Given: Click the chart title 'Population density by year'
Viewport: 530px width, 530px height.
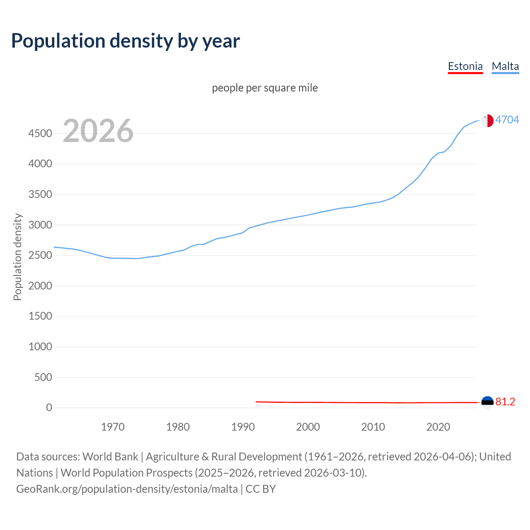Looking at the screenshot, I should coord(125,41).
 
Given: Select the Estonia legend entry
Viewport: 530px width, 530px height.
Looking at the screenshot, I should coord(465,66).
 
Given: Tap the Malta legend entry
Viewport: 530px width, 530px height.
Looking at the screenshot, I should coord(505,66).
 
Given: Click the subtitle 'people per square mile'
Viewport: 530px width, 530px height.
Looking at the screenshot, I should coord(265,88).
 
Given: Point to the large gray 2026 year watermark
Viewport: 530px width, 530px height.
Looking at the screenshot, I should coord(98,131).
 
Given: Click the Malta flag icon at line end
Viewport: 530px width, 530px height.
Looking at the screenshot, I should coord(487,120).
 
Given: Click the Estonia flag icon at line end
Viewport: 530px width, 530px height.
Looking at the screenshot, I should coord(487,402).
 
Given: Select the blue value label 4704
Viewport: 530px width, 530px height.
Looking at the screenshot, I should coord(507,120).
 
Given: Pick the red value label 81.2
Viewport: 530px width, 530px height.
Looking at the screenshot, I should coord(505,402).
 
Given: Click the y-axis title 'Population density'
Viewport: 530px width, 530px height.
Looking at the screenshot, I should coord(17,257).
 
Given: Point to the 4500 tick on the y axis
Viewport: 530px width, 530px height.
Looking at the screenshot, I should coord(40,133).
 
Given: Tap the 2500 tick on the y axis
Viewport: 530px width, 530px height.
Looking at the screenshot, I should coord(40,255).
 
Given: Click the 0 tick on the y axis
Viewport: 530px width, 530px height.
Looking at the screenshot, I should coord(49,407).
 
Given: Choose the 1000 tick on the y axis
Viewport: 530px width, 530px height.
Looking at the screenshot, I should coord(40,347).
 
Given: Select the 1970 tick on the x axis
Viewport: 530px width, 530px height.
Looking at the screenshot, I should coord(113,427).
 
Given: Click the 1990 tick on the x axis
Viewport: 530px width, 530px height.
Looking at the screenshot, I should coord(243,427).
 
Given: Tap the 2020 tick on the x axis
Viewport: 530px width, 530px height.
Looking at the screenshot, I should coord(438,427).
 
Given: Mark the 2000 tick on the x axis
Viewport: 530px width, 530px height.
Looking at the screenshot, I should coord(308,427).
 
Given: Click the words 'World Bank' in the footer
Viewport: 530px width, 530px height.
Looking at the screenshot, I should coord(110,457).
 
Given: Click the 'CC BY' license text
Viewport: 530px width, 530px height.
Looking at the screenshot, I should coord(260,489).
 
